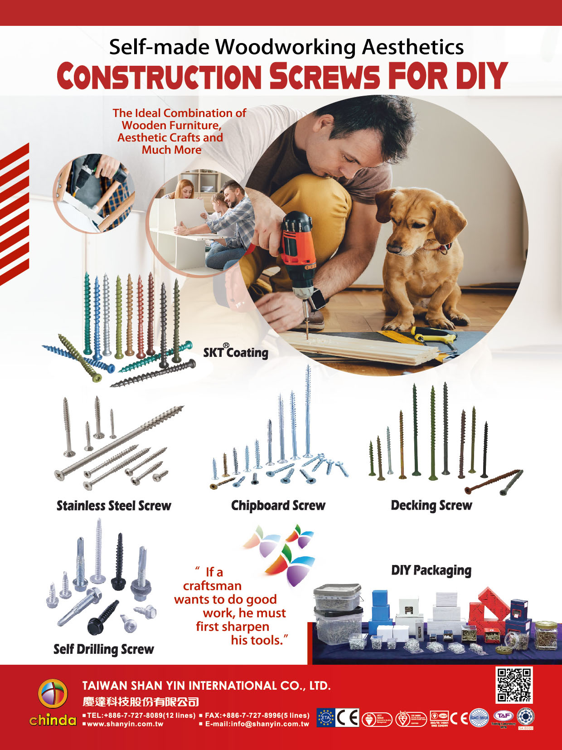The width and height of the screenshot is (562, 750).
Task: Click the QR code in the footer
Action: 514,685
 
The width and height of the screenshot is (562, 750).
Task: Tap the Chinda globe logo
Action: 53,694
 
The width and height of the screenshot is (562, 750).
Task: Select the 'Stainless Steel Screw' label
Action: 114,506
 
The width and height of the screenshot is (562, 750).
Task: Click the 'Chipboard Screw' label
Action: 278,506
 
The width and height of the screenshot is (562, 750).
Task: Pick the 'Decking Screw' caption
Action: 431,505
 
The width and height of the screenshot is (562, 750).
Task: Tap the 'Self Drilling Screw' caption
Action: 104,649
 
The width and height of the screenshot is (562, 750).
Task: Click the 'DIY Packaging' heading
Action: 431,570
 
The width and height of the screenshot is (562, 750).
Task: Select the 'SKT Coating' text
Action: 236,352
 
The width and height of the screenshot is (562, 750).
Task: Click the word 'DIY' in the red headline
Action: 481,76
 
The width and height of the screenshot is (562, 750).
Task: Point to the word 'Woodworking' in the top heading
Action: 285,47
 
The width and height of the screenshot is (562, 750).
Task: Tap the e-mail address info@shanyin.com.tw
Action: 257,724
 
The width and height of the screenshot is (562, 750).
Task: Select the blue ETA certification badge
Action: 325,718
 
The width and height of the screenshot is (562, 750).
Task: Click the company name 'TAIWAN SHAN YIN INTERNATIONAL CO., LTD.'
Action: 206,685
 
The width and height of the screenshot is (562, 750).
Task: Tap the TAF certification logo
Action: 503,716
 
